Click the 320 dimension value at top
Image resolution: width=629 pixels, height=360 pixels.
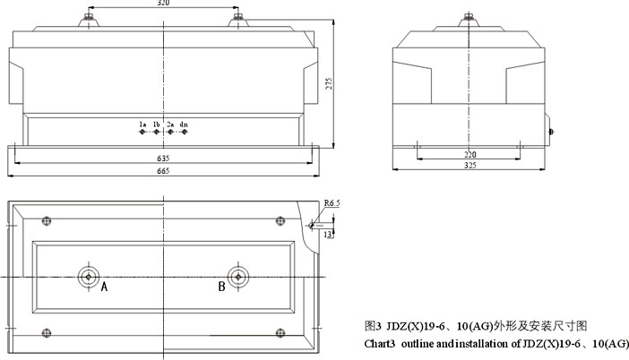(x=163, y=3)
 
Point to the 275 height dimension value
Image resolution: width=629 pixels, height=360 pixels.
(x=329, y=83)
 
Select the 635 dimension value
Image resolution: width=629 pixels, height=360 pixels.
(x=163, y=159)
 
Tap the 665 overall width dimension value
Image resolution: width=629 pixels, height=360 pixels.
(x=163, y=171)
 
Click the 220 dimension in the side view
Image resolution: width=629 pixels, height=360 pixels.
(x=470, y=154)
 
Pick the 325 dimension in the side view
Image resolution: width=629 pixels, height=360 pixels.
(x=470, y=165)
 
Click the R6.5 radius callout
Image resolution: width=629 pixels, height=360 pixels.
(x=332, y=203)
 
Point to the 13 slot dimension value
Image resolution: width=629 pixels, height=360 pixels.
(x=328, y=234)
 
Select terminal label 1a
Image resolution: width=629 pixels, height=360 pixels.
(x=142, y=124)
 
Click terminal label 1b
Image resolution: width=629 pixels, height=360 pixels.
(x=157, y=124)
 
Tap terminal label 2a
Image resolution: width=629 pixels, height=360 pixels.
(x=170, y=124)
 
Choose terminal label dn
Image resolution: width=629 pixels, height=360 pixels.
(x=184, y=124)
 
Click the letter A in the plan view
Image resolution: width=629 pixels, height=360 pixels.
(x=104, y=287)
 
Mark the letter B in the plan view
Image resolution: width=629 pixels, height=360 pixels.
(x=221, y=287)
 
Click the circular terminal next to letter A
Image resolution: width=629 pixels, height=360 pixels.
(x=89, y=277)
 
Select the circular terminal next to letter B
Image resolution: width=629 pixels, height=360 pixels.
(x=238, y=277)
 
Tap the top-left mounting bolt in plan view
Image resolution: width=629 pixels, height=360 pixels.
(x=47, y=221)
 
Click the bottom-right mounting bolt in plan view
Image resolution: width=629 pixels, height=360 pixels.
(x=280, y=333)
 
